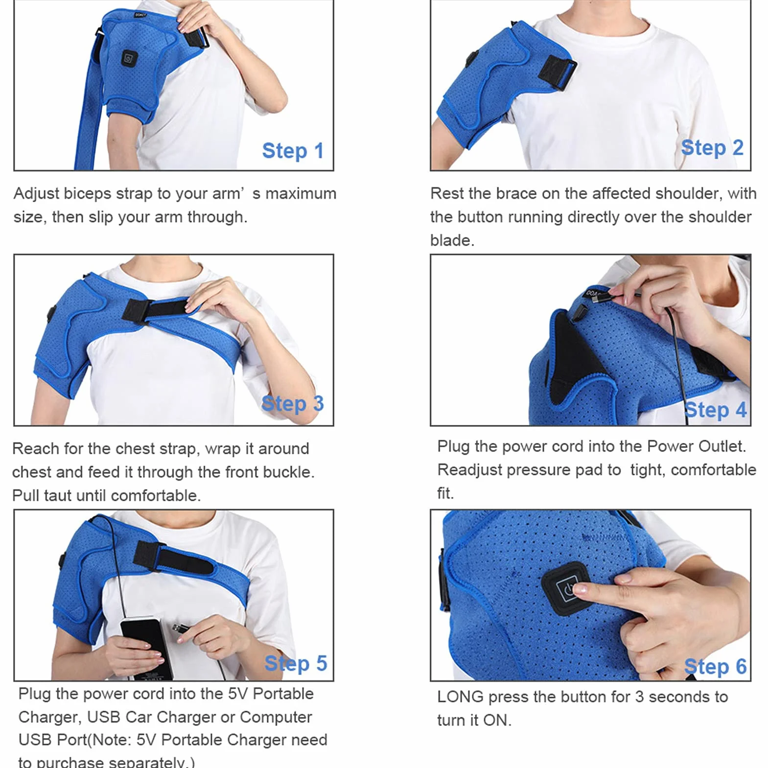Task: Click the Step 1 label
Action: (293, 151)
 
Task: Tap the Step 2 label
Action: (712, 148)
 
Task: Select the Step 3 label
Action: (293, 404)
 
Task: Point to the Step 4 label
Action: (716, 410)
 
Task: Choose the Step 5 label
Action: (296, 664)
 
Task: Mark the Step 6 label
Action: (715, 667)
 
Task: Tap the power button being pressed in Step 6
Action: (567, 588)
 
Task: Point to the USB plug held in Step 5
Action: (180, 629)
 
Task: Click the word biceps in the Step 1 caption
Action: (88, 194)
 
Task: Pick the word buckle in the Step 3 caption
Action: (288, 472)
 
